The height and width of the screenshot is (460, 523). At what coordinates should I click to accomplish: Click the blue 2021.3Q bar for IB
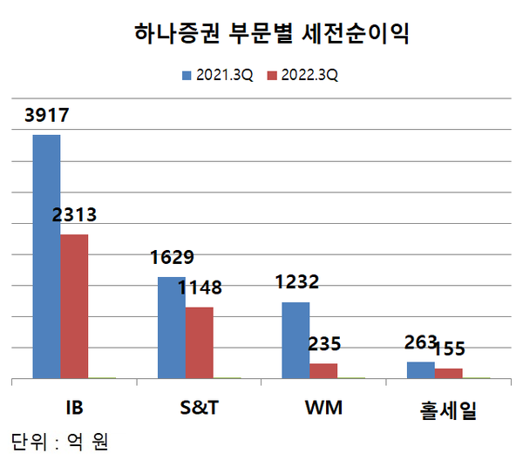point(47,257)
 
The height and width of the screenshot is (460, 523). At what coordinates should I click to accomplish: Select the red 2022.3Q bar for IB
point(74,307)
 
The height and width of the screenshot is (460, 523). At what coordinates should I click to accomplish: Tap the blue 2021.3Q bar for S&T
point(171,328)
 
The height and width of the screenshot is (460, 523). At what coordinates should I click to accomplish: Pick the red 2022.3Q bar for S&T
point(199,342)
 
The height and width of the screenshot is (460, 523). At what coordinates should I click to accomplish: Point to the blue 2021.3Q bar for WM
point(295,341)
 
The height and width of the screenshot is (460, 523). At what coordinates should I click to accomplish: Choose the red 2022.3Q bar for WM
point(323,371)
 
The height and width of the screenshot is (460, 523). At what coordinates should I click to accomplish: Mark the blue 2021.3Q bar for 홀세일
point(420,370)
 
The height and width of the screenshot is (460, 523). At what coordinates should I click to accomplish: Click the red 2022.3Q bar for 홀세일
point(448,374)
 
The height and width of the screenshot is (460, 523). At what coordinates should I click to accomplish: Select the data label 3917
point(44,116)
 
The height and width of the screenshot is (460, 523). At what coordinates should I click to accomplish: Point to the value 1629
point(171,258)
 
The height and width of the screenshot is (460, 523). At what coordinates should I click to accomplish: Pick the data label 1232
point(296,282)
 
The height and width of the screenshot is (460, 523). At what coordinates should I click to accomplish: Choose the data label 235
point(324,344)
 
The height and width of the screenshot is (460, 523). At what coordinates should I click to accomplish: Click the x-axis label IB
point(73,408)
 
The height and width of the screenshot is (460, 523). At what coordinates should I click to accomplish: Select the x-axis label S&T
point(199,408)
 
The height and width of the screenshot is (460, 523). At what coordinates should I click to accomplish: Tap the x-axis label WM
point(323,408)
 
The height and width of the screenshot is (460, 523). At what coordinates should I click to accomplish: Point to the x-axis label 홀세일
point(448,409)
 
